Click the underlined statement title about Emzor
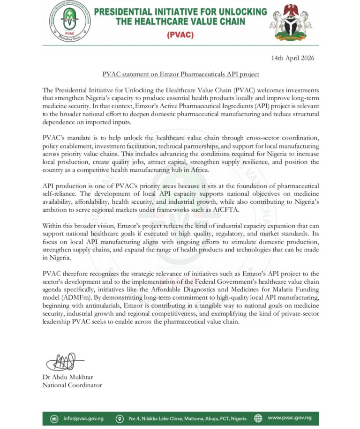click(x=180, y=74)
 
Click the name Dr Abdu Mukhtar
click(x=68, y=377)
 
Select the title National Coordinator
click(x=72, y=385)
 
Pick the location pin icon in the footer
click(x=120, y=418)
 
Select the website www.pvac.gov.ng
click(x=293, y=418)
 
